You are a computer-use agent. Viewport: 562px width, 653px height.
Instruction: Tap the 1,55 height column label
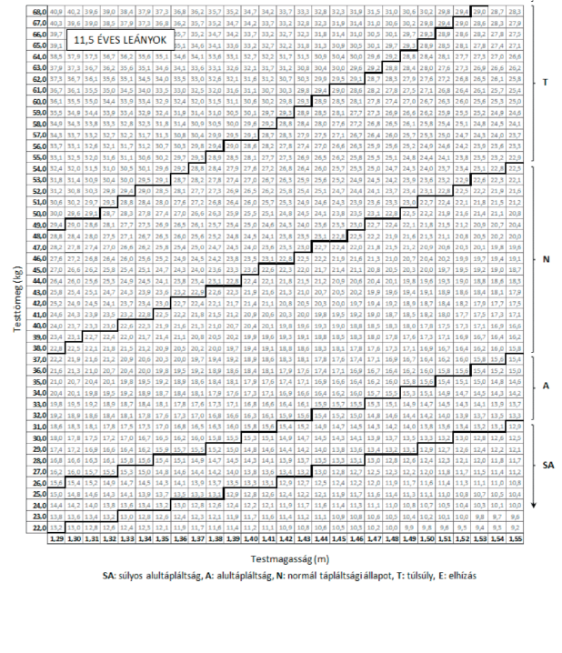pos(516,539)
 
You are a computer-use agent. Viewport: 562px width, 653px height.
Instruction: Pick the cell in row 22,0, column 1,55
pos(516,527)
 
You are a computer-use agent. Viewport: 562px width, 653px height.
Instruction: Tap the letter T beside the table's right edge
pos(545,82)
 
